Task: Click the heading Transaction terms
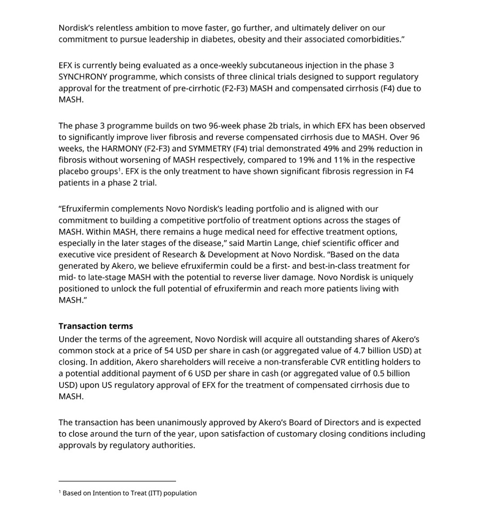(x=96, y=326)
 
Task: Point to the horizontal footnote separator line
(x=117, y=481)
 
